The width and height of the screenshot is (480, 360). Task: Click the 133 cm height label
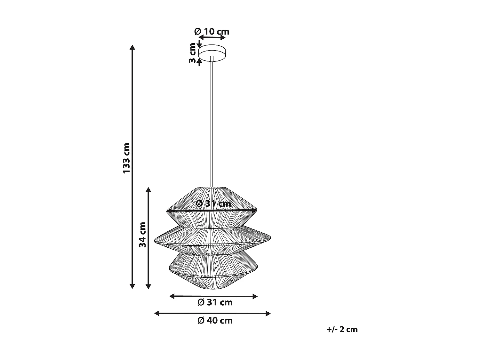[127, 158]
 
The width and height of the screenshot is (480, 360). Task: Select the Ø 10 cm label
[212, 32]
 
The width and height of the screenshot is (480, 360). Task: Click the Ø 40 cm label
[215, 320]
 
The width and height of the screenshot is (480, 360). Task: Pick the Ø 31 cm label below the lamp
[215, 302]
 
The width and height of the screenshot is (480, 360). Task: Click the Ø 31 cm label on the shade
[213, 204]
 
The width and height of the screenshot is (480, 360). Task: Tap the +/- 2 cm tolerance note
[342, 329]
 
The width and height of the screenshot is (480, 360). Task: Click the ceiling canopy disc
[212, 53]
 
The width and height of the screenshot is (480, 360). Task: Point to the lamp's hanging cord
[212, 122]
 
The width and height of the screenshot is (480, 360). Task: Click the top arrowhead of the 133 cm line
[132, 47]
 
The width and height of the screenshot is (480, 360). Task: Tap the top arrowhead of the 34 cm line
[148, 190]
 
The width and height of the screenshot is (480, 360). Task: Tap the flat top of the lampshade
[212, 188]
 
